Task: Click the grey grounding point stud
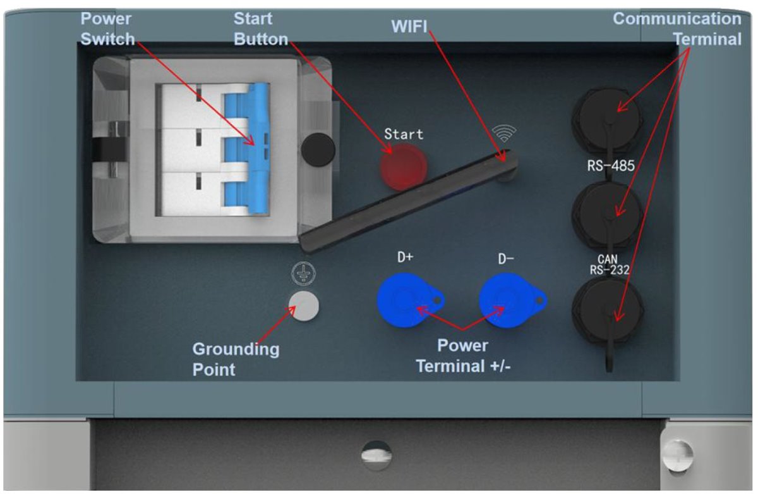303,306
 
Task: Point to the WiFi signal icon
504,133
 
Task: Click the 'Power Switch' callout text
107,29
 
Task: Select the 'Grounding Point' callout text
236,359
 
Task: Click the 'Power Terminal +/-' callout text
464,355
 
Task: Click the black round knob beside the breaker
315,149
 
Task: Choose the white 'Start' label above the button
404,134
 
